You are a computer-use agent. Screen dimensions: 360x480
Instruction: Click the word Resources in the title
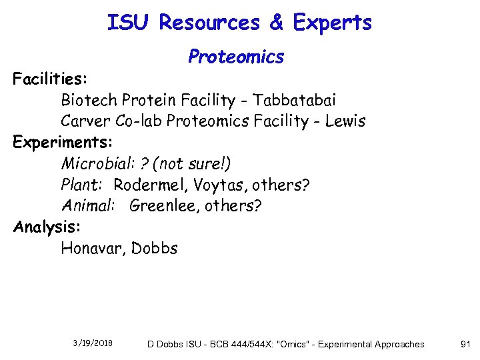click(x=209, y=23)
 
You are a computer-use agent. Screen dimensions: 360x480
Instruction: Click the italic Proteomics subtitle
click(x=236, y=57)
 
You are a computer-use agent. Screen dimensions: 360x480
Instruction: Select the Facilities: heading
click(x=50, y=80)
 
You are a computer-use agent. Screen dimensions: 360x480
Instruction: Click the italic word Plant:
click(x=81, y=185)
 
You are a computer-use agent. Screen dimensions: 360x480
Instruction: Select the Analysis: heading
click(x=47, y=227)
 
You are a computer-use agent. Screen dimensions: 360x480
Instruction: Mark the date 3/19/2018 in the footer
click(x=93, y=343)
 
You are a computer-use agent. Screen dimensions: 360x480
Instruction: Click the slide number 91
click(x=465, y=344)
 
